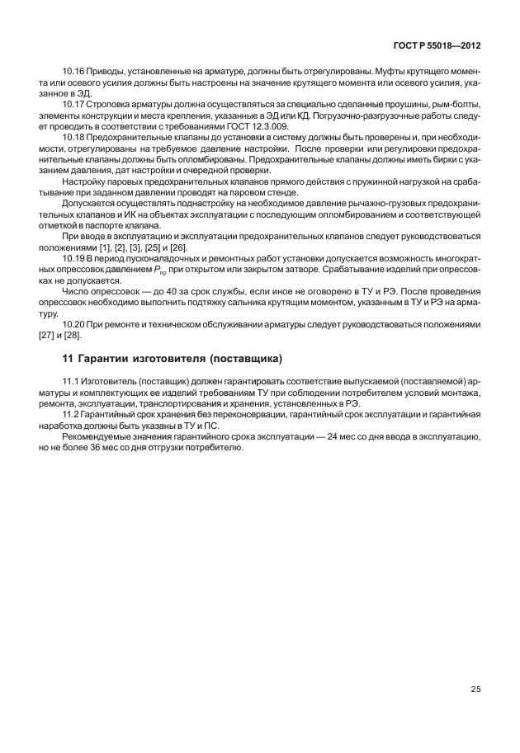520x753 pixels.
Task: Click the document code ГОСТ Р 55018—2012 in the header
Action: click(437, 49)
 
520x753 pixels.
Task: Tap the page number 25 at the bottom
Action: click(475, 689)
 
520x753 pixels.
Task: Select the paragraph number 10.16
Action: click(74, 71)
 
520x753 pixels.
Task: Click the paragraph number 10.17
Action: click(74, 105)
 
